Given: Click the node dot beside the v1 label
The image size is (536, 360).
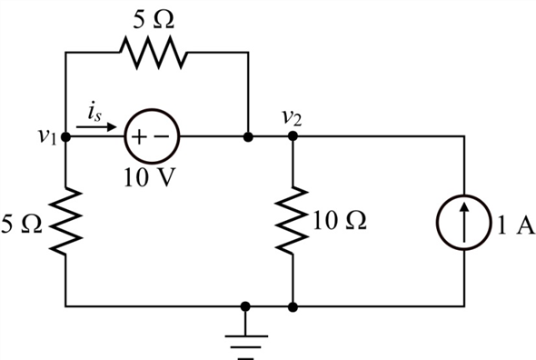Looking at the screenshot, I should [x=66, y=139].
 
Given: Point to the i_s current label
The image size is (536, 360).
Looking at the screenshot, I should [x=94, y=111].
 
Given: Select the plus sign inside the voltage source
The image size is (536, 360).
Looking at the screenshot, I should [x=139, y=139].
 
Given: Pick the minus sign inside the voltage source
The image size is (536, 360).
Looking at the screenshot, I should [x=162, y=139].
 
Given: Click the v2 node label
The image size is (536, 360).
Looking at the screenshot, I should [x=292, y=116].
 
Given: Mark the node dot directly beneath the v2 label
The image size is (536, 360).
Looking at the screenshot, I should [x=293, y=139].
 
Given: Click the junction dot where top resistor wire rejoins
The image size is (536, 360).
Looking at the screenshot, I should [x=247, y=139].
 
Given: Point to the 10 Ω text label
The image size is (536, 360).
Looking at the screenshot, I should [x=338, y=221].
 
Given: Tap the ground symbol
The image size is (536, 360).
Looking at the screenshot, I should [x=247, y=336].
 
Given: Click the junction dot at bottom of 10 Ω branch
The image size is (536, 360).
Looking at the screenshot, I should [x=293, y=307].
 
